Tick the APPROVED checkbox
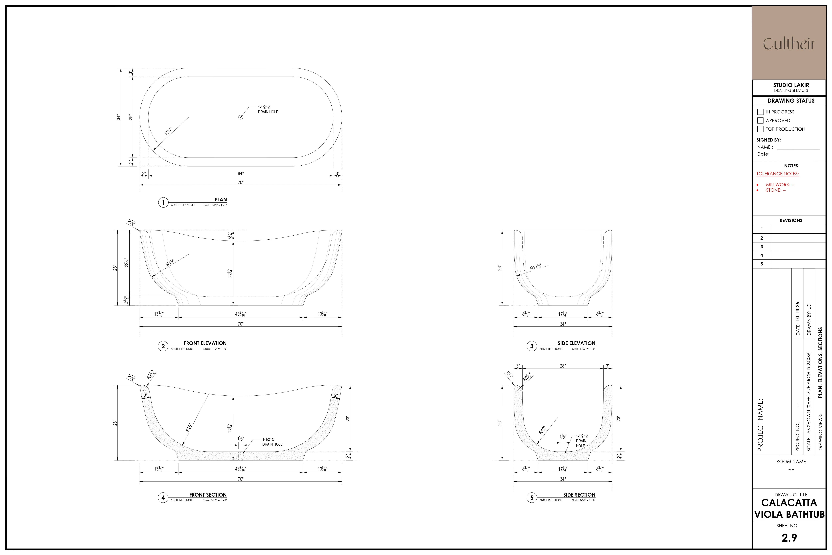point(760,120)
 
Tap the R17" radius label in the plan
point(168,131)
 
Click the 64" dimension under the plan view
point(241,173)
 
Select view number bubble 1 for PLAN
point(163,202)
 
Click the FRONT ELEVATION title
point(205,343)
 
